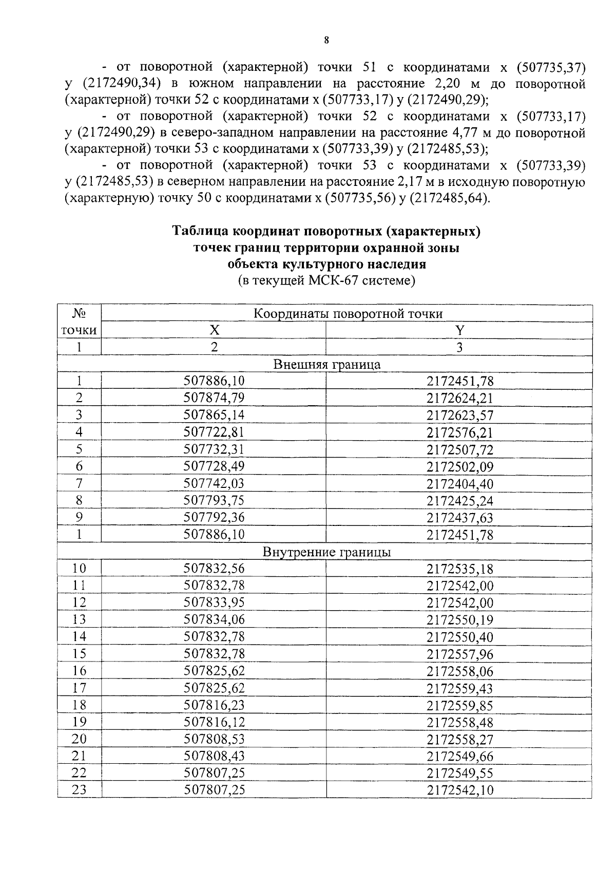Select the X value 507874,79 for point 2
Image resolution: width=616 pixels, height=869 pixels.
click(x=214, y=398)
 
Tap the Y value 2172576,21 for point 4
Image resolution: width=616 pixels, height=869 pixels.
click(x=459, y=432)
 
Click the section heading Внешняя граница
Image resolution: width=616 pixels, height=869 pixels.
click(x=327, y=364)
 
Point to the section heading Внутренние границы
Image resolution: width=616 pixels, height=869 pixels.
click(x=327, y=552)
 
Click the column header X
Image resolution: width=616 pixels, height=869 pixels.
click(x=214, y=330)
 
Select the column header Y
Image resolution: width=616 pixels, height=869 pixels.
click(x=459, y=330)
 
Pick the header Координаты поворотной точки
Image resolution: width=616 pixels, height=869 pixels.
click(x=348, y=313)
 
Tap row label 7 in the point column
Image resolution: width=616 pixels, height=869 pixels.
click(x=79, y=483)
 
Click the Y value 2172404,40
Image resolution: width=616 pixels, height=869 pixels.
click(x=459, y=484)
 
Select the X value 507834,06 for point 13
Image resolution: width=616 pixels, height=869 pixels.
click(x=214, y=619)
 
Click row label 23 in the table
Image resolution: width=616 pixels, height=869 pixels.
click(x=79, y=789)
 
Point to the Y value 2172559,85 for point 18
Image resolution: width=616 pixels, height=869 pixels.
click(x=459, y=705)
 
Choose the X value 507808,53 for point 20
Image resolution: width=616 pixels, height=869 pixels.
click(x=214, y=739)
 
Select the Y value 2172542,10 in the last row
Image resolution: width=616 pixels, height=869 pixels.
click(x=459, y=790)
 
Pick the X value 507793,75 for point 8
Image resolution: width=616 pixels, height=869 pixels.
click(x=214, y=500)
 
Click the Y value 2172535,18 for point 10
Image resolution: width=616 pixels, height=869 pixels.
click(x=459, y=569)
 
